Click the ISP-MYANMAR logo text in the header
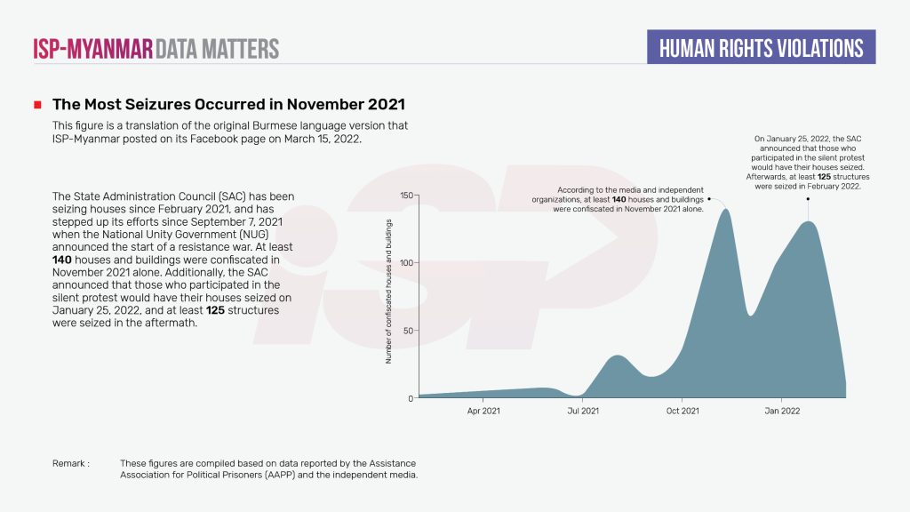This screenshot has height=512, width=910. coord(92,48)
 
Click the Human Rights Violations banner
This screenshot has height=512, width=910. coord(762,47)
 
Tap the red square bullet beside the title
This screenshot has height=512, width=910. coord(37,105)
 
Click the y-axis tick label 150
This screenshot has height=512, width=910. coord(407,196)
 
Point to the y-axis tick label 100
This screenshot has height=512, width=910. coord(407,263)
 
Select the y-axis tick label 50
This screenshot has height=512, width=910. coord(409,331)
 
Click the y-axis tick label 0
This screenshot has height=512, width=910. coord(411,398)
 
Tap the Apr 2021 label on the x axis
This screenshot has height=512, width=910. coord(483,412)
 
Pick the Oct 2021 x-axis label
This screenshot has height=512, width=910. coord(682,412)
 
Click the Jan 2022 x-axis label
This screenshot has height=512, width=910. coord(782,412)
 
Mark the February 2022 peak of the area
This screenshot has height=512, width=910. coord(807,223)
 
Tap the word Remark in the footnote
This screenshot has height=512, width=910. coord(69,464)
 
